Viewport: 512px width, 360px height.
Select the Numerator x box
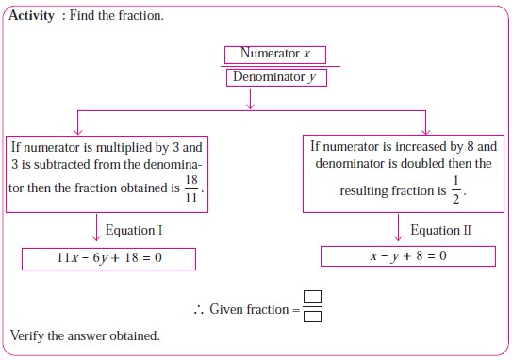(x=275, y=54)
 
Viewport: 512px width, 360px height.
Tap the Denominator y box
(x=275, y=77)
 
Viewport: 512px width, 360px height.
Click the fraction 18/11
(x=192, y=188)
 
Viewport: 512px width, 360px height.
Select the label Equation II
(x=440, y=230)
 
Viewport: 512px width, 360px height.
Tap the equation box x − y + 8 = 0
(x=407, y=255)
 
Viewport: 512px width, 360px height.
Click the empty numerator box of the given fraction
(x=313, y=298)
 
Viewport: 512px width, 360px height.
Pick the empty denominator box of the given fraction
(x=313, y=316)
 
